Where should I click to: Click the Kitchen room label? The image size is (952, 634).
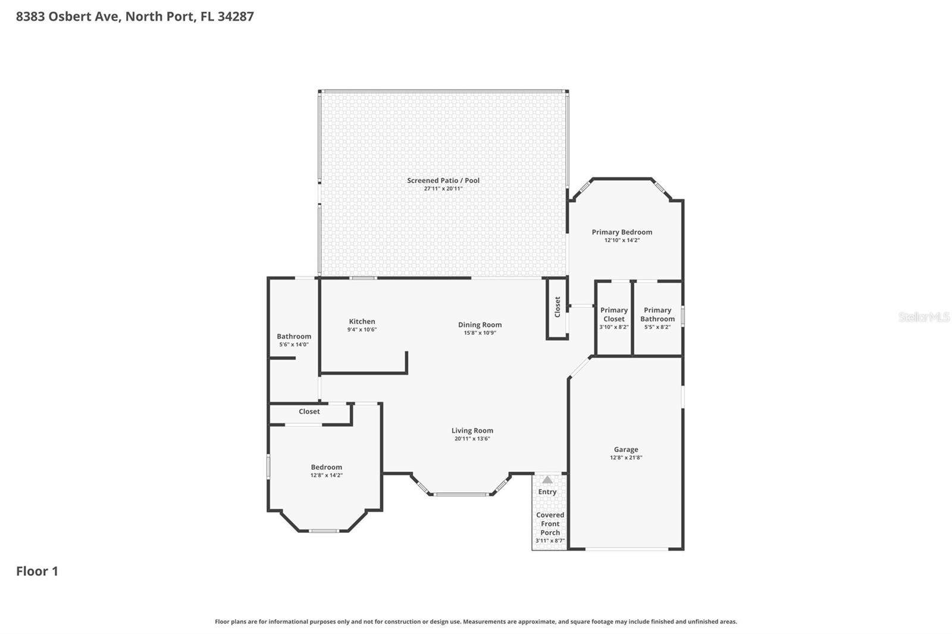(362, 322)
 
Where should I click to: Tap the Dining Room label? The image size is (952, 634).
(480, 325)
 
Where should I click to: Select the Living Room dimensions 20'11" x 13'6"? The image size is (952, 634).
(472, 438)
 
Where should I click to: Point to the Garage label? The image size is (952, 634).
(626, 450)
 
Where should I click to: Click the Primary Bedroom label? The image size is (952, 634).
(622, 232)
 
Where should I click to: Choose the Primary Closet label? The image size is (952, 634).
(614, 315)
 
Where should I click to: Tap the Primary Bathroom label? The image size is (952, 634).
(657, 315)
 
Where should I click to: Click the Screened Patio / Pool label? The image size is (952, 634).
(443, 180)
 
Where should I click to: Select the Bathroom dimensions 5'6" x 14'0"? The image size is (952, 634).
(294, 344)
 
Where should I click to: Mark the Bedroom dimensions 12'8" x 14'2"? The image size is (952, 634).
(327, 475)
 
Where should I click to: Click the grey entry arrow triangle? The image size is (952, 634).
(547, 480)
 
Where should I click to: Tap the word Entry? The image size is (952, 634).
(547, 492)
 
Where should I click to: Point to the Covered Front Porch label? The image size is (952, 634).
(550, 523)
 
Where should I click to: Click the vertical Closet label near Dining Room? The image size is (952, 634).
(558, 307)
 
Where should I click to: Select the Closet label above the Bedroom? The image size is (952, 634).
(309, 412)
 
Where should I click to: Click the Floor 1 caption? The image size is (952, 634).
(37, 571)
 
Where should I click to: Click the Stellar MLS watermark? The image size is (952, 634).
(925, 316)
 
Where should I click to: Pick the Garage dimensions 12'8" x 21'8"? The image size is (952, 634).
(626, 457)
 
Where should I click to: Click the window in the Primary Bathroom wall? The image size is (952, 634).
(683, 316)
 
